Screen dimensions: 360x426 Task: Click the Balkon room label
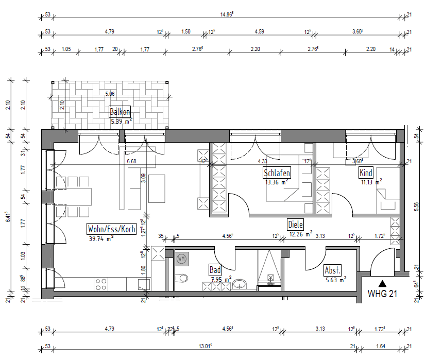click(120, 112)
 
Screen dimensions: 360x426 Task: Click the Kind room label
click(366, 173)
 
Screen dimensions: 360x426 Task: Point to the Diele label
click(296, 225)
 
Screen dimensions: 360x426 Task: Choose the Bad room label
click(215, 269)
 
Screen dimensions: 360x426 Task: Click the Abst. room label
click(332, 271)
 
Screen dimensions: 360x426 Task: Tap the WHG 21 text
click(382, 294)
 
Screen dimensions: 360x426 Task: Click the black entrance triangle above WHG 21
click(382, 283)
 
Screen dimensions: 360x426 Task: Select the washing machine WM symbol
click(181, 258)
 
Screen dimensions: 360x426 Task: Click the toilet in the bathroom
click(181, 279)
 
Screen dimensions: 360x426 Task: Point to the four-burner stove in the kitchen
click(100, 284)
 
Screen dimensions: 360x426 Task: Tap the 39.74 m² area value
click(101, 238)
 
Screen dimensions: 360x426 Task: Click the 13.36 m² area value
click(276, 182)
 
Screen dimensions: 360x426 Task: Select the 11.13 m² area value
click(370, 182)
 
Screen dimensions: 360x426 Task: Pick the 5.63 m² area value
click(334, 280)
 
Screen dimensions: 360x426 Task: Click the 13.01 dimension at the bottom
click(203, 347)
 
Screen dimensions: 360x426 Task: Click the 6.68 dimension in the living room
click(132, 161)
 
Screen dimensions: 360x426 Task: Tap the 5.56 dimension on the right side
click(416, 206)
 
